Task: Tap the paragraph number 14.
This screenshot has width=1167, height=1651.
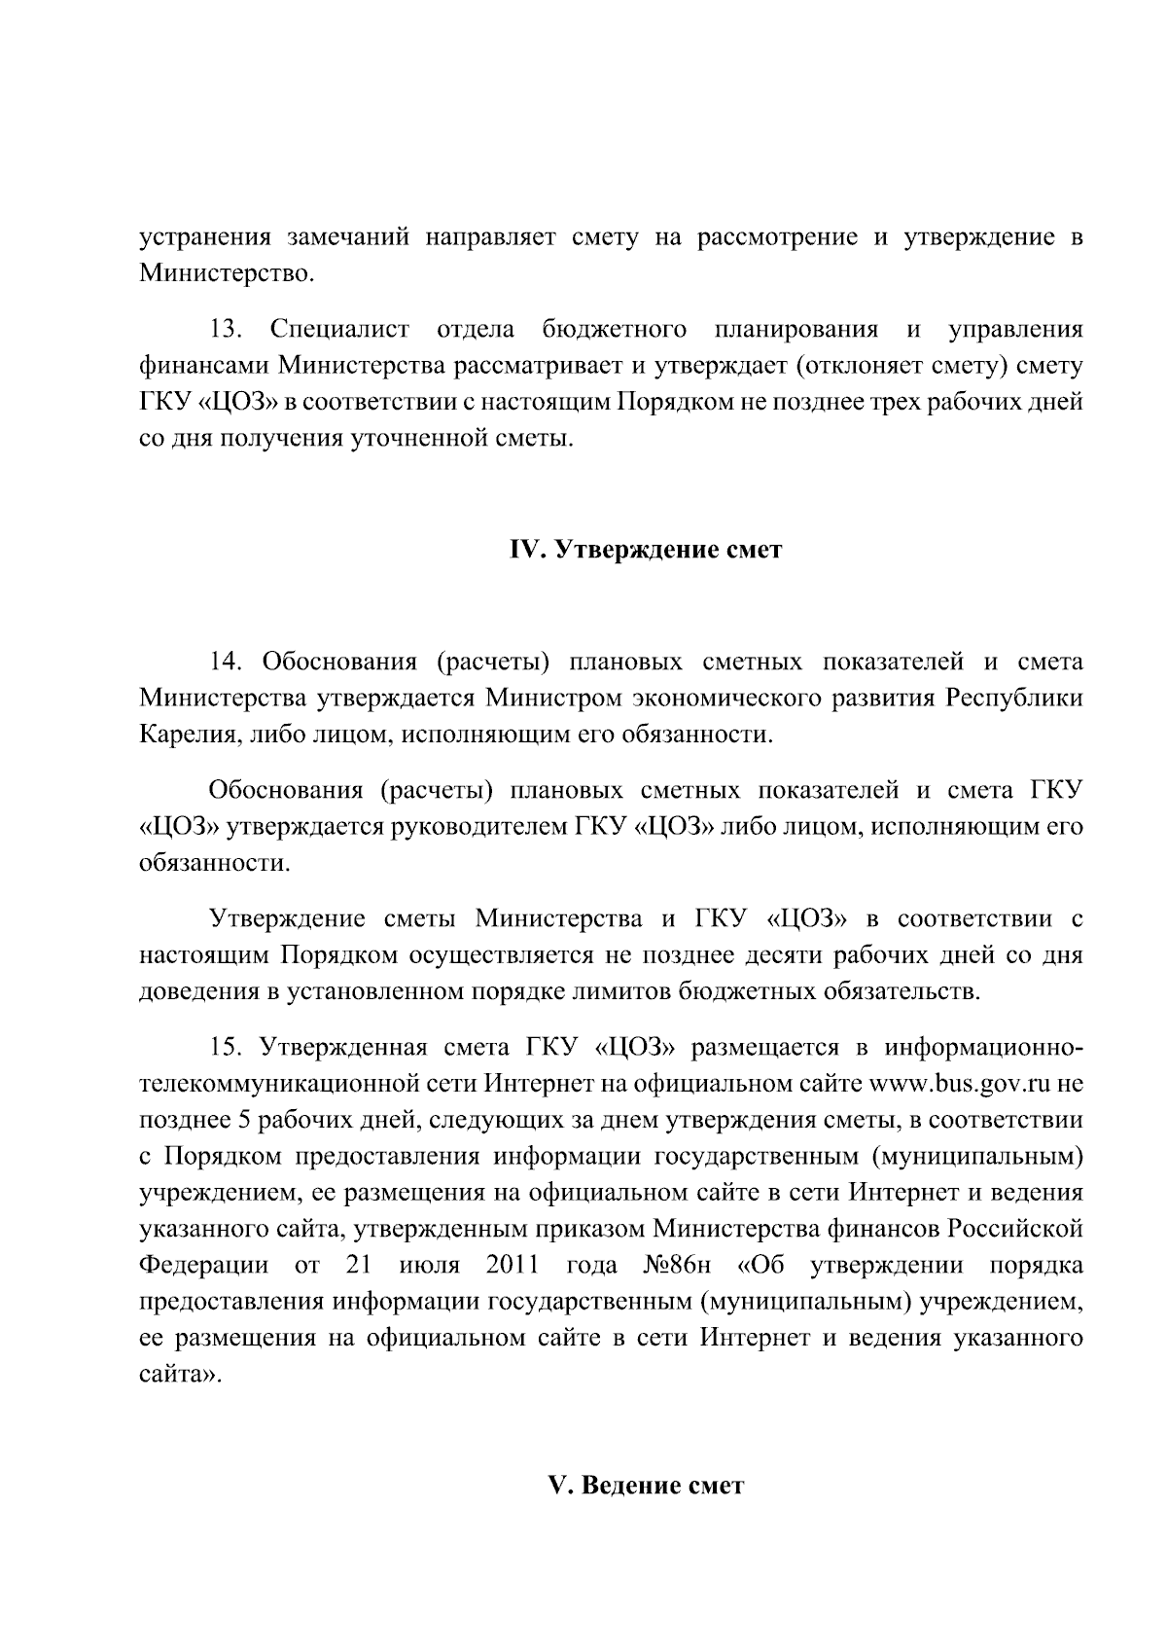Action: coord(226,663)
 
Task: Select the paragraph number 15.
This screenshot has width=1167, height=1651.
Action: coord(226,1048)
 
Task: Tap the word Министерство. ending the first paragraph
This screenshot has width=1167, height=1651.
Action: coord(227,273)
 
